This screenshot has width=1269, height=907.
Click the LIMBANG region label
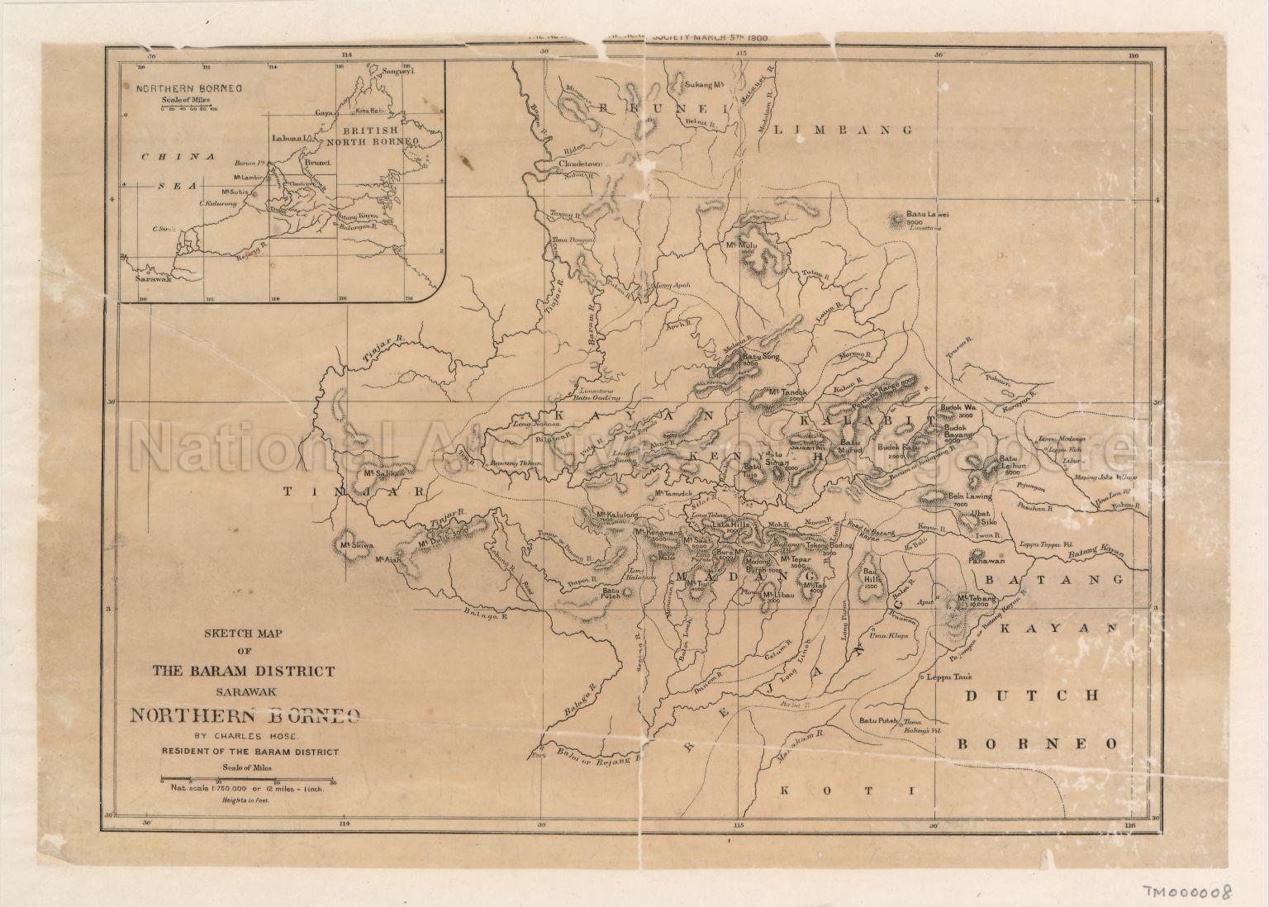(x=845, y=131)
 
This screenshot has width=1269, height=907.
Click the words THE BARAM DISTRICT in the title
(x=244, y=671)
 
